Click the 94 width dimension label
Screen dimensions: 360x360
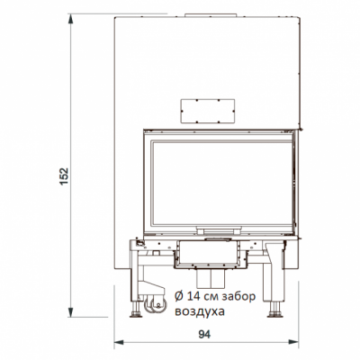pos(204,334)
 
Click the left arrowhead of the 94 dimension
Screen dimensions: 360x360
pos(118,343)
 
